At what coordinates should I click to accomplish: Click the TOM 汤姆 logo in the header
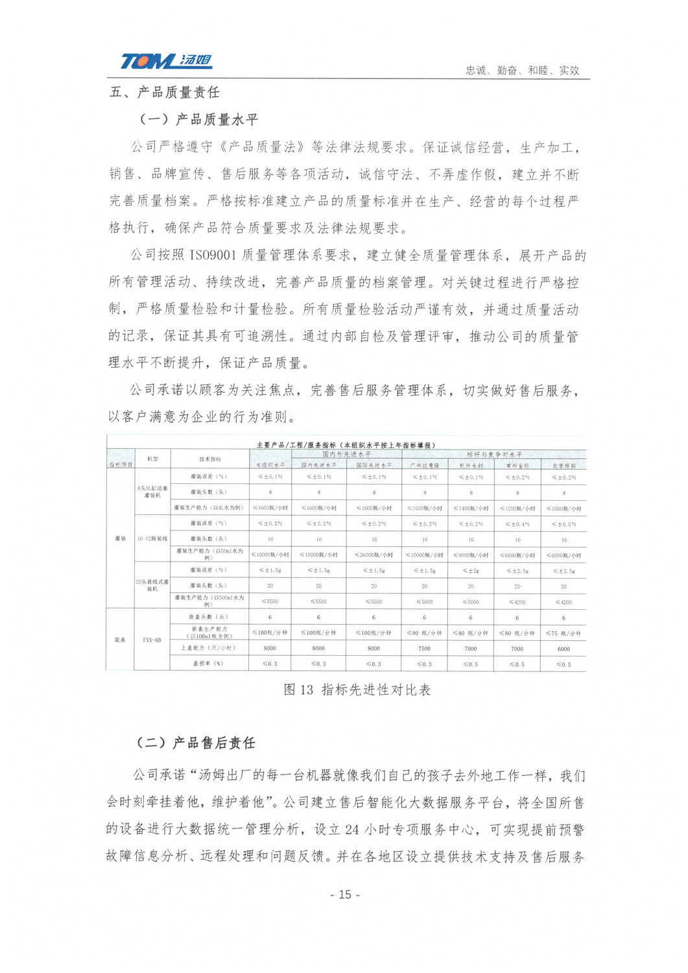click(166, 62)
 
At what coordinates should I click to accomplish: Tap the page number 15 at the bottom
click(344, 895)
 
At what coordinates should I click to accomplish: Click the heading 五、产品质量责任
click(165, 92)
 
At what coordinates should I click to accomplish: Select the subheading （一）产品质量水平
click(198, 119)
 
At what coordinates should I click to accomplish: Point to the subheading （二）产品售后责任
click(195, 743)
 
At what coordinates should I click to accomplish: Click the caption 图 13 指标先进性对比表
click(357, 690)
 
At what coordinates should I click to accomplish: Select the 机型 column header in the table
click(152, 459)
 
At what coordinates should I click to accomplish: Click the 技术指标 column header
click(209, 459)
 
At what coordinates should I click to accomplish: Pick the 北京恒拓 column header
click(563, 466)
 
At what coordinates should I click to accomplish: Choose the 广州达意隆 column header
click(425, 466)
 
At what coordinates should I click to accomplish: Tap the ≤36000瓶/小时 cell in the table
click(374, 555)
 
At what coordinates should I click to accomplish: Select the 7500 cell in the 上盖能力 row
click(425, 649)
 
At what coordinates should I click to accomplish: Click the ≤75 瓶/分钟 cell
click(563, 633)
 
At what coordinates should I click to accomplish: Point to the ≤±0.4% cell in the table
click(517, 523)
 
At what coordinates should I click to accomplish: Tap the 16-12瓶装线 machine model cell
click(152, 539)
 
